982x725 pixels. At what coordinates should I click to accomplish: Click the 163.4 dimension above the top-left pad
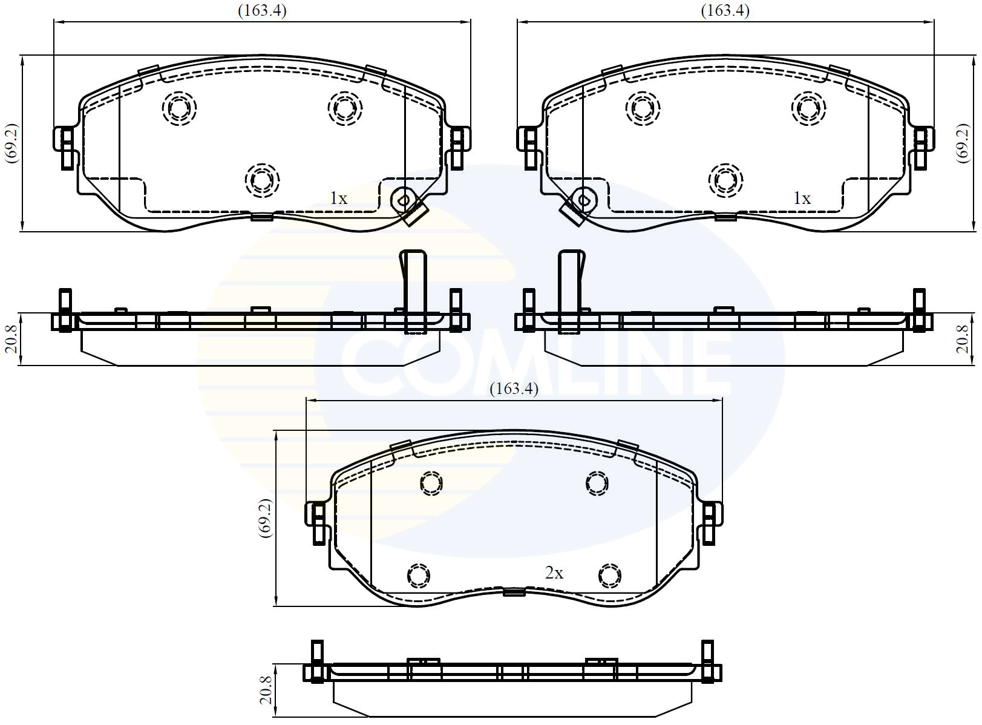pyautogui.click(x=262, y=11)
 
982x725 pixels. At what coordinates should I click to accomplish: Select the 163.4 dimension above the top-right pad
pyautogui.click(x=725, y=11)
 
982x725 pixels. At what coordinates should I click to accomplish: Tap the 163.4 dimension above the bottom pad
pyautogui.click(x=514, y=389)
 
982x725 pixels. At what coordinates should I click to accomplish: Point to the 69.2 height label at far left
pyautogui.click(x=11, y=144)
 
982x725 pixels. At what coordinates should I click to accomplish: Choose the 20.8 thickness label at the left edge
pyautogui.click(x=11, y=339)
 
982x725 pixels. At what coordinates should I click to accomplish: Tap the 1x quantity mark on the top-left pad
pyautogui.click(x=338, y=198)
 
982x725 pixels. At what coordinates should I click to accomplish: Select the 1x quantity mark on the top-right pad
pyautogui.click(x=802, y=198)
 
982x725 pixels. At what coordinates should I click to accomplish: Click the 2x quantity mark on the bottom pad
pyautogui.click(x=554, y=572)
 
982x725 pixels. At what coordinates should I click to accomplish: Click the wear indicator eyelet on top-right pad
pyautogui.click(x=584, y=198)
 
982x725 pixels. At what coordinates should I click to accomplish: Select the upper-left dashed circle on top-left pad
pyautogui.click(x=180, y=108)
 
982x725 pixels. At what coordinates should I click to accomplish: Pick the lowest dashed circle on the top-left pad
pyautogui.click(x=263, y=180)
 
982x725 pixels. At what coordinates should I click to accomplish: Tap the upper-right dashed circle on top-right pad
pyautogui.click(x=808, y=108)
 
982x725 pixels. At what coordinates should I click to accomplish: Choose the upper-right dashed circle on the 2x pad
pyautogui.click(x=597, y=483)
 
